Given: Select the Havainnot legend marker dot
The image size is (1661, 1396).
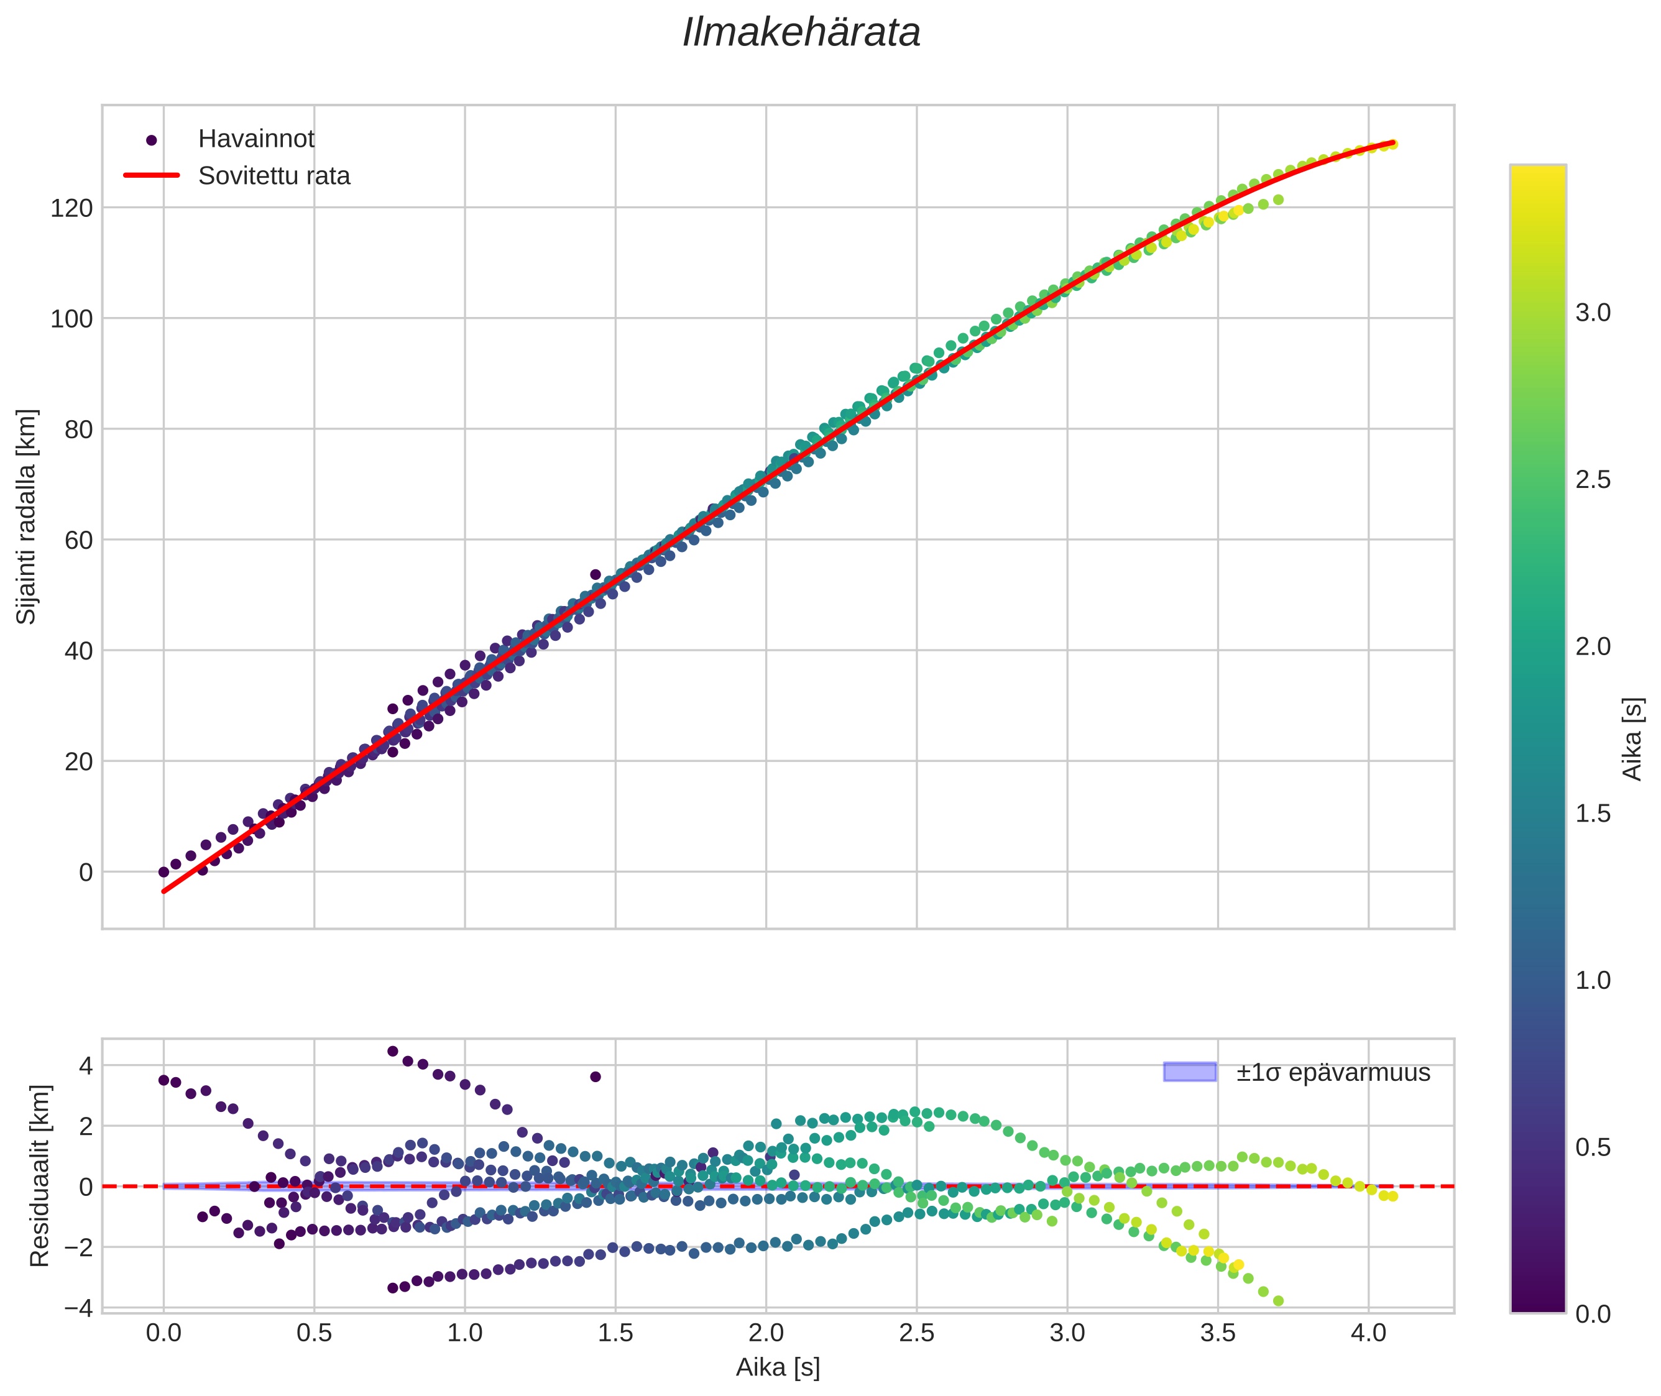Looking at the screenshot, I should [152, 140].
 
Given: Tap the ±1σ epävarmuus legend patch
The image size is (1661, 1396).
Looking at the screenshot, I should [1189, 1072].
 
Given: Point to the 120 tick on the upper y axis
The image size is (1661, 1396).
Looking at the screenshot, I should [71, 209].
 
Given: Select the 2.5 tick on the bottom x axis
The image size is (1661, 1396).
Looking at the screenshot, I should [916, 1333].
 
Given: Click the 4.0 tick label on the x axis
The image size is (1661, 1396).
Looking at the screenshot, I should [1368, 1333].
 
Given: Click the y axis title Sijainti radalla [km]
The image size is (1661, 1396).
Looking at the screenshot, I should [27, 516].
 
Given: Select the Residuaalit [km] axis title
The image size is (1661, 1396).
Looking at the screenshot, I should [40, 1176].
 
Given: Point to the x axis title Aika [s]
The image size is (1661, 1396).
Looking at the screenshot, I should [777, 1368].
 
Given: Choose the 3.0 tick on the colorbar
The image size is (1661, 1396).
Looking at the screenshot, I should [1592, 313].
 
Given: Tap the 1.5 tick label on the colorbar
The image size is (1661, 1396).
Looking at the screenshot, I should [1592, 814].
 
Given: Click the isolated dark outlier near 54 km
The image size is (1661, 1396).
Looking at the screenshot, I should [596, 574].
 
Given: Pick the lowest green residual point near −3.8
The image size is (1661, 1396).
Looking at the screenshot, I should [1278, 1301].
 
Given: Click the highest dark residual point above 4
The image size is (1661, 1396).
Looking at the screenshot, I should [392, 1051].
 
